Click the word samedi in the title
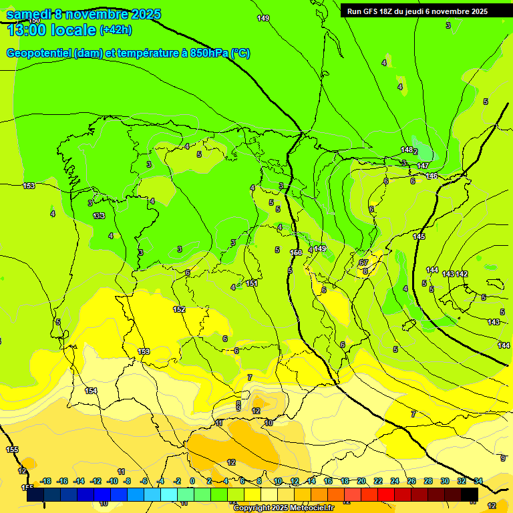[x=31, y=13]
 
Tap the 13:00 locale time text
[x=51, y=29]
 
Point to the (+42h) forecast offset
[x=116, y=30]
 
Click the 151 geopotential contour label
[x=251, y=283]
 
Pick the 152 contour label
[x=179, y=309]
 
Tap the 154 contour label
[x=92, y=391]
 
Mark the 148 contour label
[x=407, y=150]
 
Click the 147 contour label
[x=423, y=166]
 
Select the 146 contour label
[x=432, y=176]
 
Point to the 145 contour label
[x=419, y=237]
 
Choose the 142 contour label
[x=462, y=275]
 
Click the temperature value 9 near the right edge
[x=502, y=458]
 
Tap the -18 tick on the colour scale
[x=46, y=481]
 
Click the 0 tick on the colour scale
[x=192, y=481]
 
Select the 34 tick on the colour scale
[x=478, y=481]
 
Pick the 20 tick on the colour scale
[x=361, y=481]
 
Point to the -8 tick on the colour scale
[x=127, y=481]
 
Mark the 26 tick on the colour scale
[x=411, y=481]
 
